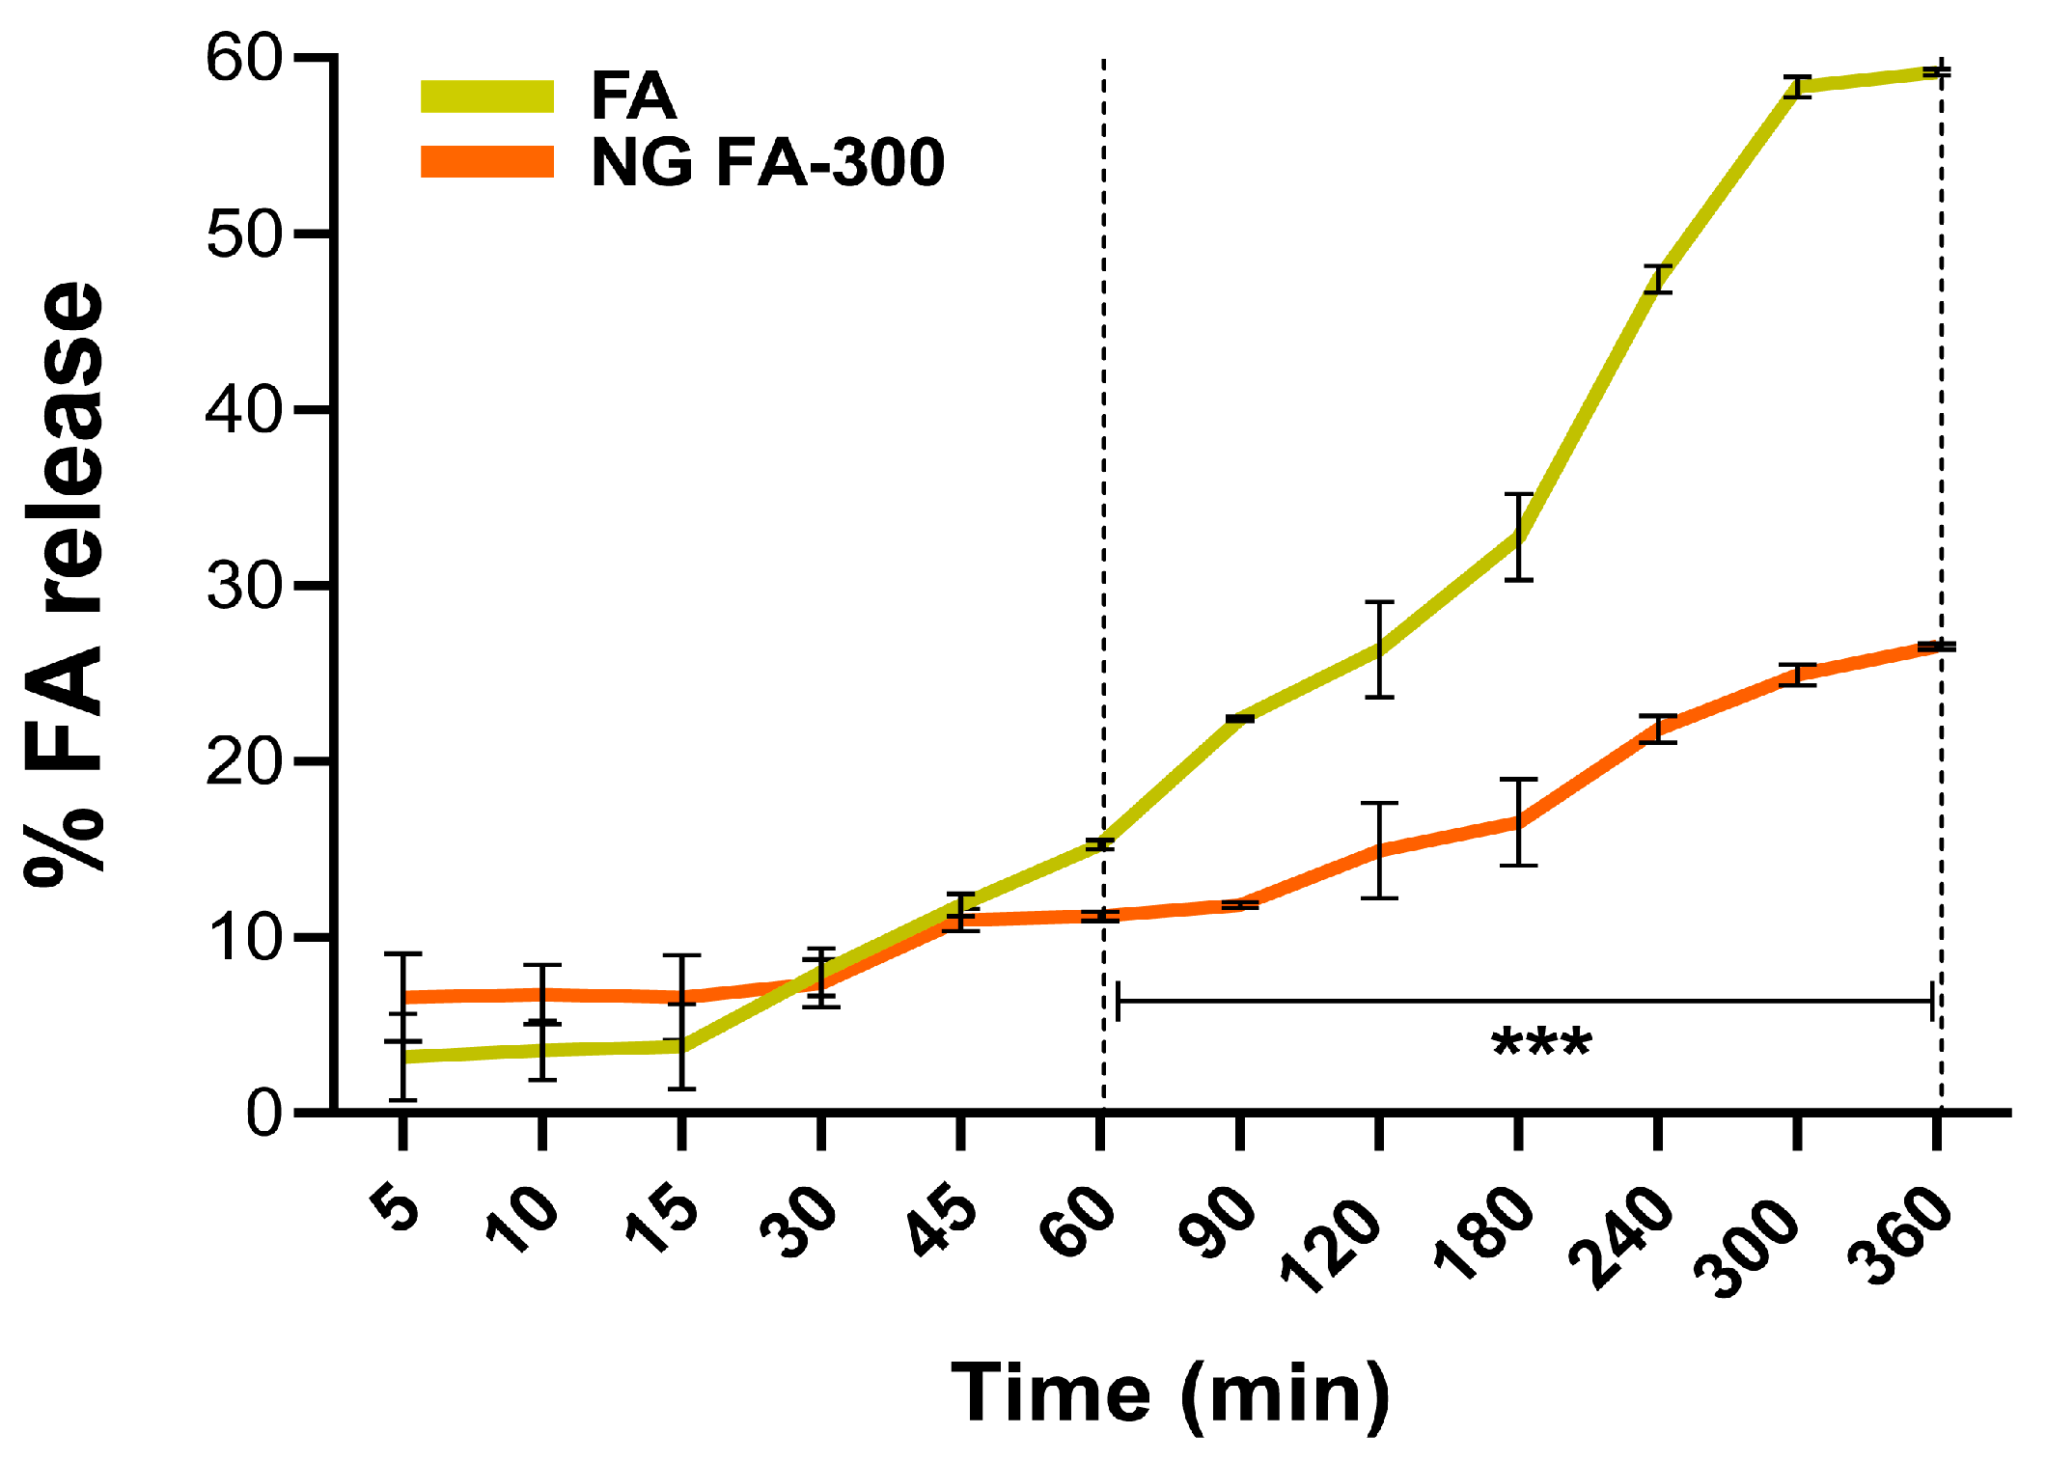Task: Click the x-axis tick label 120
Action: (1332, 1245)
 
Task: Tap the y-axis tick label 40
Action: (243, 411)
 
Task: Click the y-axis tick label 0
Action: (263, 1115)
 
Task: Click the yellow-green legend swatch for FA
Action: (487, 96)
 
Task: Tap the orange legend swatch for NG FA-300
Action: (487, 162)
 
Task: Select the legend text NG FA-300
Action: (767, 162)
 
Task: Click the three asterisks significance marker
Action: (1541, 1045)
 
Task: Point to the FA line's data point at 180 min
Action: (1518, 537)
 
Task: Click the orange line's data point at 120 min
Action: (1379, 850)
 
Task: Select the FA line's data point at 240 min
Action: (1658, 279)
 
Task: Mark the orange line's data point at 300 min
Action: (1797, 675)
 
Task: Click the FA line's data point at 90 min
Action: (1240, 718)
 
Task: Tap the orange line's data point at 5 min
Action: (403, 997)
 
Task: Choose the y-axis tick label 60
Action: (243, 60)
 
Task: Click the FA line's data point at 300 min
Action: (1797, 87)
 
